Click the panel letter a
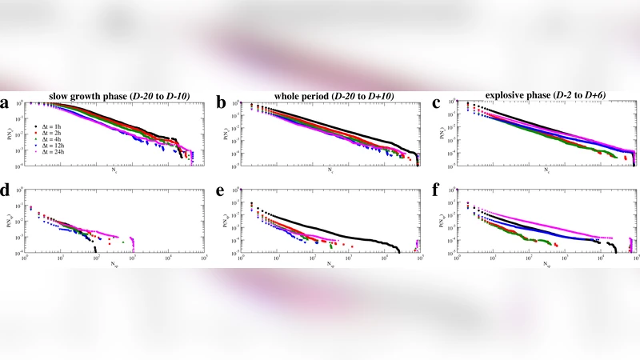pos(6,104)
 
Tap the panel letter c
pos(436,104)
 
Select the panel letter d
pos(6,192)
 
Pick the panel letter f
pos(436,192)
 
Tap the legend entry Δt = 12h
pos(50,146)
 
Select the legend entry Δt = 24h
pos(50,153)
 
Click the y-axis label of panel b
pos(229,133)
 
